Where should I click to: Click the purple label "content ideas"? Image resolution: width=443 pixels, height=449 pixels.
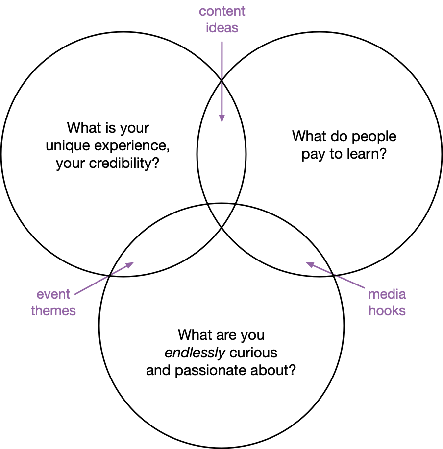pos(222,19)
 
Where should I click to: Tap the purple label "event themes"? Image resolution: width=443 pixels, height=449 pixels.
pos(53,302)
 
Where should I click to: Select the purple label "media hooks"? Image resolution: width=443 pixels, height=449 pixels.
pos(387,302)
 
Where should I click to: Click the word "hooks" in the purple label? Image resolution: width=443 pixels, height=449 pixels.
pos(387,310)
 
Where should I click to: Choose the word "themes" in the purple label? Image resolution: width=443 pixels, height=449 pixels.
pos(53,310)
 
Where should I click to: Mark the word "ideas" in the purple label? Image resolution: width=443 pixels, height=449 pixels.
pos(222,27)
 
